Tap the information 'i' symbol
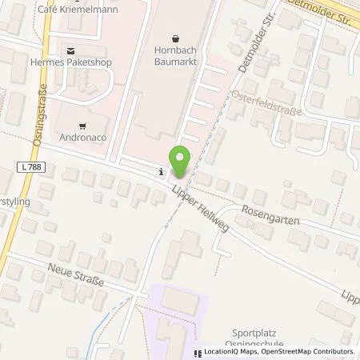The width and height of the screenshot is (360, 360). coord(162,170)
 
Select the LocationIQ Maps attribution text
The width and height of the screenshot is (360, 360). coord(232,350)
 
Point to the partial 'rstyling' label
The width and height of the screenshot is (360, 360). coord(14,203)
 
